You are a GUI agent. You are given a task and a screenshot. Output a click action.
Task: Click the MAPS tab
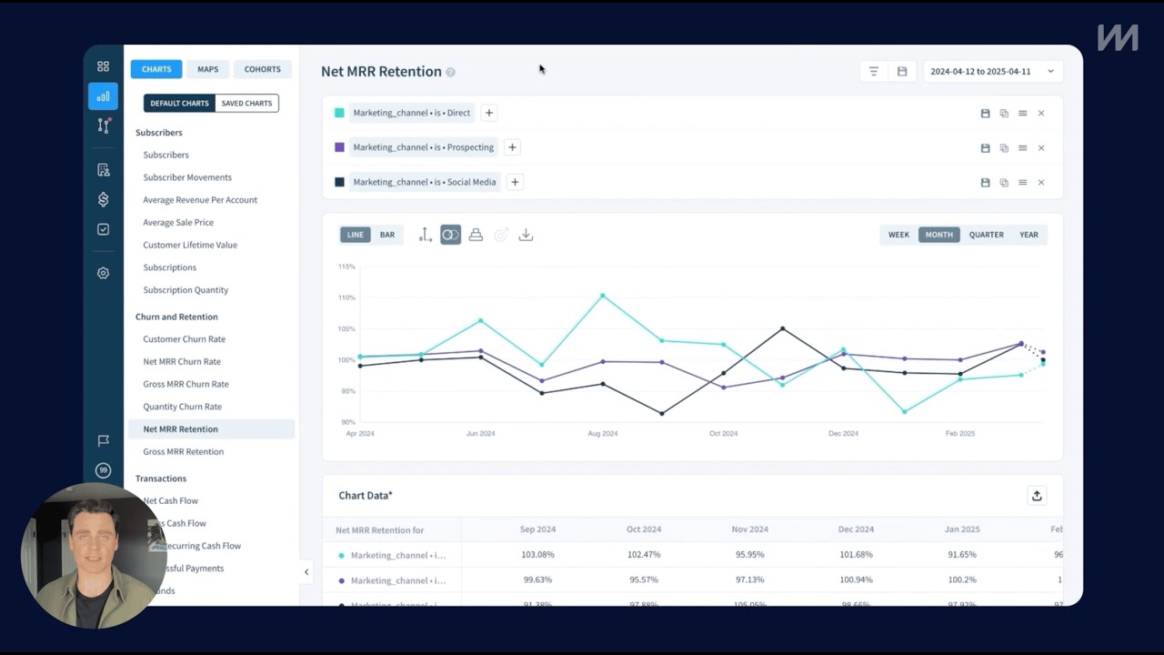click(207, 69)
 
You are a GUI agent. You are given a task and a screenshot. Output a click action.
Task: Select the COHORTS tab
click(262, 69)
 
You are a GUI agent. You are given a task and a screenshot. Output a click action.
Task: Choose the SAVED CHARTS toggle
click(246, 104)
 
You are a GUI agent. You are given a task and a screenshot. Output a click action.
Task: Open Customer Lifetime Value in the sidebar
click(190, 245)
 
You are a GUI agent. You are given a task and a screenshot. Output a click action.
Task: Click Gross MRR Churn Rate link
click(186, 384)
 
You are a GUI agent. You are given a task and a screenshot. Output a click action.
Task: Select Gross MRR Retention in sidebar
click(183, 451)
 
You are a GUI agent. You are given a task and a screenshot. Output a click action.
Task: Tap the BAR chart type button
click(387, 235)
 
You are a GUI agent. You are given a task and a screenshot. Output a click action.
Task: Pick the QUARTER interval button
click(986, 235)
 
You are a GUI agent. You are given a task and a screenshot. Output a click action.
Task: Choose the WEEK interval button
click(898, 235)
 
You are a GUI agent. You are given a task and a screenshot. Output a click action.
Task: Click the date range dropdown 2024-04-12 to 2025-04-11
click(992, 71)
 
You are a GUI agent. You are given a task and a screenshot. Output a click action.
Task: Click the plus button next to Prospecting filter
click(512, 147)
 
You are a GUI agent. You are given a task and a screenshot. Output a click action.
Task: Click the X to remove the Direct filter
click(1041, 114)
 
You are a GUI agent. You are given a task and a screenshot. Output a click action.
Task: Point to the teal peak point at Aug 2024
click(602, 296)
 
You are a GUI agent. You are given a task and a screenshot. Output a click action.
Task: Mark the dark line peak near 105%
click(783, 328)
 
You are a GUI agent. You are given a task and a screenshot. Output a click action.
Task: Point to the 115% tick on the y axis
click(346, 267)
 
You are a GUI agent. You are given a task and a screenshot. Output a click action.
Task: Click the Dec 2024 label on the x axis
click(843, 434)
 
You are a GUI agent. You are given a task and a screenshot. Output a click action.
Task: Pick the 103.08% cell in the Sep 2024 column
click(538, 554)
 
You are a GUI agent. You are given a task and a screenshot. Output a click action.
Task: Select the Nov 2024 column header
click(750, 529)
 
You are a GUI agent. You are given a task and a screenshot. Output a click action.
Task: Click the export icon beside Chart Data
click(1037, 496)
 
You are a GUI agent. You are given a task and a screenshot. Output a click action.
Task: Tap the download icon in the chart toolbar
click(526, 235)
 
